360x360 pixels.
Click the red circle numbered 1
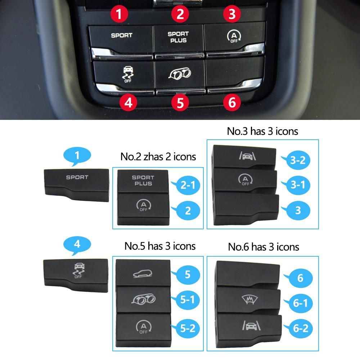(x=119, y=14)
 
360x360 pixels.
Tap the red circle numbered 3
(x=232, y=14)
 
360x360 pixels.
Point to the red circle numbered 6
(x=232, y=102)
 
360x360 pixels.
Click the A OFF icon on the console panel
(x=234, y=37)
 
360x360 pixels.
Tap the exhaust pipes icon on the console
(x=180, y=73)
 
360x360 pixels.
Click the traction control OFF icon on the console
(x=128, y=74)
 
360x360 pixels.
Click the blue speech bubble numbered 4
(x=77, y=245)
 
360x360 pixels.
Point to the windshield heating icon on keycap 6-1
(x=250, y=300)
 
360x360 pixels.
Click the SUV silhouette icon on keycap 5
(x=143, y=274)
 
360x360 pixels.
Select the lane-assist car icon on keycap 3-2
(x=247, y=156)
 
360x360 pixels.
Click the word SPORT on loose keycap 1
(x=77, y=177)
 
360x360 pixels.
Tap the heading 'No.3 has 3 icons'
(x=262, y=131)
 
